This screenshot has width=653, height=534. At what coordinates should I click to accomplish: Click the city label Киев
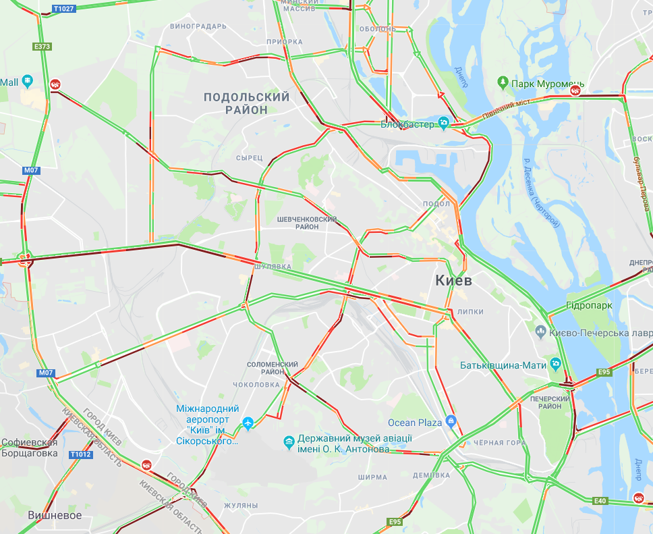[453, 279]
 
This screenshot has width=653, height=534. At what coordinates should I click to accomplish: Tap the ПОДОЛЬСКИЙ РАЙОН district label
[247, 103]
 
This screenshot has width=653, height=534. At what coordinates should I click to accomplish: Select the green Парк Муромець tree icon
[503, 82]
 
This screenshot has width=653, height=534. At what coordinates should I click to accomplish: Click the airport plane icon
[248, 423]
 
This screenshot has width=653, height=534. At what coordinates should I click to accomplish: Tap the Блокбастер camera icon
[444, 122]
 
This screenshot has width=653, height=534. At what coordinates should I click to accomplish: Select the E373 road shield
[42, 47]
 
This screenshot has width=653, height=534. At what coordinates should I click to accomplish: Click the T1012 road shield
[80, 455]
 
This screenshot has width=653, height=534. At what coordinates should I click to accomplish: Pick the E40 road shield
[600, 500]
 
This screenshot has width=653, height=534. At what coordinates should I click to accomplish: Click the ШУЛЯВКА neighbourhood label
[273, 267]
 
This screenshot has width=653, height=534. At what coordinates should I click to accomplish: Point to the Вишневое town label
[55, 515]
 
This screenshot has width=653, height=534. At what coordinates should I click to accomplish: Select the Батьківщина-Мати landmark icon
[555, 365]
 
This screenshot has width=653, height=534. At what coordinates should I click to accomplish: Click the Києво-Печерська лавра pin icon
[540, 331]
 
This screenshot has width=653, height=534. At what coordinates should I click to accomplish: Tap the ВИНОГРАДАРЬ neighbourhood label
[198, 26]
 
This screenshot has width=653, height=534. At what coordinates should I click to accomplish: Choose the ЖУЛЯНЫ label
[241, 506]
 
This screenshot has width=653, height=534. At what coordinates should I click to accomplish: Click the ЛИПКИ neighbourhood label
[470, 312]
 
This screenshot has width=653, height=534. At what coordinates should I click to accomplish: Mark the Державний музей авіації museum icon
[289, 442]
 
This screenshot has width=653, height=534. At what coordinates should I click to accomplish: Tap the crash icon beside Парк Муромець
[576, 90]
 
